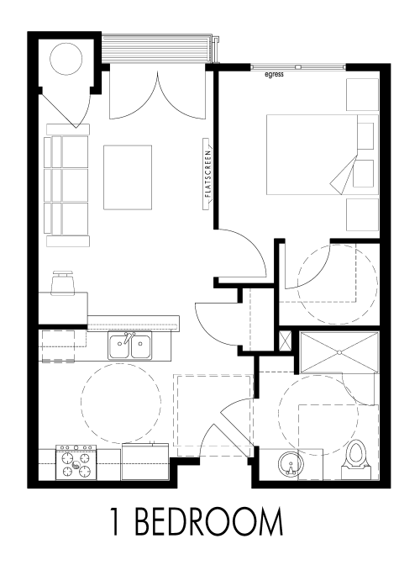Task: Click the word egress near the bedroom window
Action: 274,75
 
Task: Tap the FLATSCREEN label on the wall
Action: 207,174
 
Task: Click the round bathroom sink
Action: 290,464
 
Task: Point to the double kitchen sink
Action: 130,346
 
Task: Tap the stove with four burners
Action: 76,462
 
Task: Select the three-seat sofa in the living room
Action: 66,185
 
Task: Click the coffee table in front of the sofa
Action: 128,177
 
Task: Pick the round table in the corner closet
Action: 66,59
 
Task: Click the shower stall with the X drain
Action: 339,353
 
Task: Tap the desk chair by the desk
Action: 63,283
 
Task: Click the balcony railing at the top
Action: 156,49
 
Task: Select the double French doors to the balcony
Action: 157,95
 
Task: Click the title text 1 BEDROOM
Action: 197,521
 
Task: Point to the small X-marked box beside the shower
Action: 286,341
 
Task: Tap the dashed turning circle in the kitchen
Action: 121,404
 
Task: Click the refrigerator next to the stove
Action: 145,462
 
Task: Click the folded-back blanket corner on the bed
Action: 343,172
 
